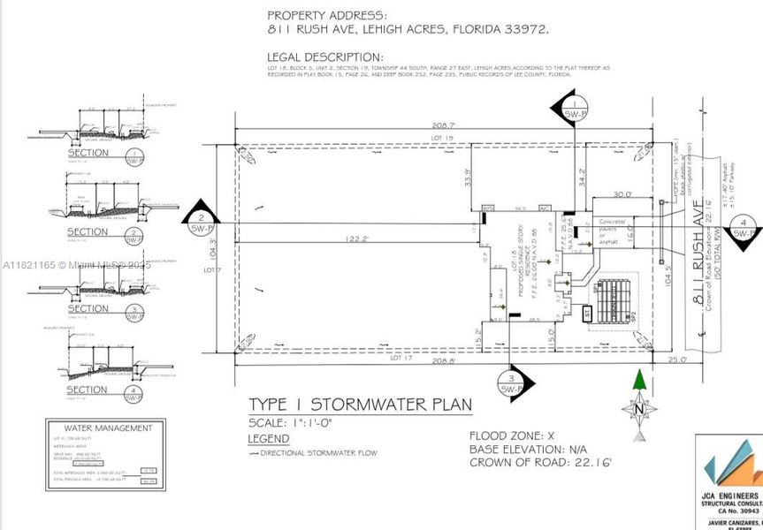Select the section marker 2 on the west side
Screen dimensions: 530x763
(202, 218)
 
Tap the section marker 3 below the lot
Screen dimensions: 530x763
(512, 382)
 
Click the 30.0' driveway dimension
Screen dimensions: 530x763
(622, 194)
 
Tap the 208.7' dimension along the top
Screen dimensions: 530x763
(448, 127)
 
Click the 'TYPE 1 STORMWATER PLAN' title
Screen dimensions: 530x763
(360, 405)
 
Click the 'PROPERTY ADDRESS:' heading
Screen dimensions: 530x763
(327, 15)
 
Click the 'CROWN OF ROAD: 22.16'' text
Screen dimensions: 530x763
(542, 462)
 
